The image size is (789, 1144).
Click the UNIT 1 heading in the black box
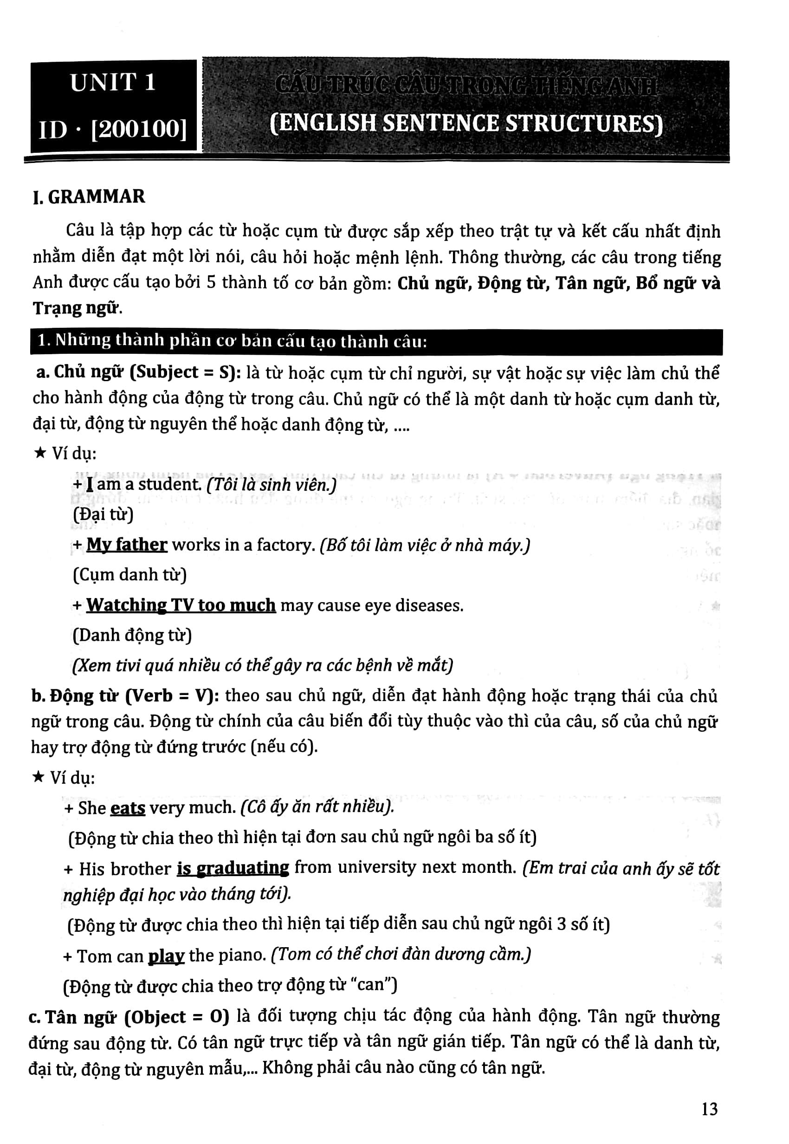pyautogui.click(x=113, y=83)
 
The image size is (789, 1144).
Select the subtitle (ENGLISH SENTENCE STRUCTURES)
pyautogui.click(x=466, y=123)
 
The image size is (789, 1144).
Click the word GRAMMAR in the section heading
pyautogui.click(x=97, y=196)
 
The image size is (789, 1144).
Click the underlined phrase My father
pyautogui.click(x=127, y=545)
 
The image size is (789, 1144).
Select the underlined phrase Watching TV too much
pyautogui.click(x=181, y=605)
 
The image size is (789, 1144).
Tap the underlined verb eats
pyautogui.click(x=128, y=808)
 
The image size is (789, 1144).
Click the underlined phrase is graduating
pyautogui.click(x=233, y=869)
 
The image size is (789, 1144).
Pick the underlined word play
pyautogui.click(x=166, y=955)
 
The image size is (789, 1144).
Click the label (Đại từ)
pyautogui.click(x=103, y=514)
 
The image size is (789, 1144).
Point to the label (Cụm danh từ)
pyautogui.click(x=129, y=575)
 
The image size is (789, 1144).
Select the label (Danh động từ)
pyautogui.click(x=132, y=635)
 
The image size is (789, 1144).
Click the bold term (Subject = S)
pyautogui.click(x=185, y=372)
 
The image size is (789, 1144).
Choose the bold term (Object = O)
pyautogui.click(x=177, y=1017)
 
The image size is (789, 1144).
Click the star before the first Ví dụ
pyautogui.click(x=40, y=453)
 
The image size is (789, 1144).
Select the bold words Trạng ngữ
pyautogui.click(x=76, y=308)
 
